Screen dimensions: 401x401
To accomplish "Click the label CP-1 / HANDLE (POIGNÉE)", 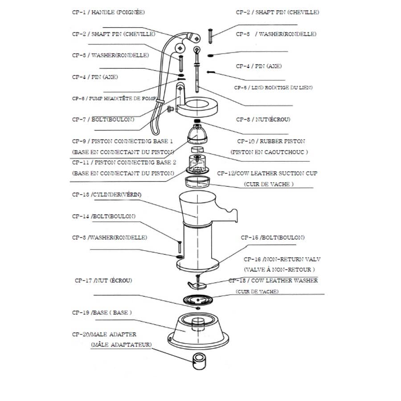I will (108, 12).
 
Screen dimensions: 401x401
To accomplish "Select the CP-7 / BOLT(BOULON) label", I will (103, 119).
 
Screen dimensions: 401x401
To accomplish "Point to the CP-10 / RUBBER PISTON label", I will (271, 141).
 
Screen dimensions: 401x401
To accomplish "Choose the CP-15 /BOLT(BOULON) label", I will (273, 237).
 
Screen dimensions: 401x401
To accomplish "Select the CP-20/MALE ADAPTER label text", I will (104, 334).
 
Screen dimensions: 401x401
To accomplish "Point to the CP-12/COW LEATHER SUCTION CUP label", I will (267, 173).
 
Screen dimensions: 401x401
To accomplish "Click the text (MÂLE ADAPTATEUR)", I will (121, 345).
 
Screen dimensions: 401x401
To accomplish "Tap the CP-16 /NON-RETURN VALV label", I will (282, 259).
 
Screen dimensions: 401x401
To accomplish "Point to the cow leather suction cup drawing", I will (198, 181).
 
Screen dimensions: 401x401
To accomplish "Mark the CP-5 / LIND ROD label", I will (273, 88).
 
